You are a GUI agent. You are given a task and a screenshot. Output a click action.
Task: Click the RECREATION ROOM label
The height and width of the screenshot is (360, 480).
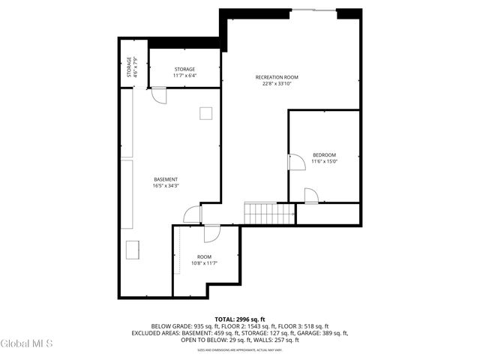277,77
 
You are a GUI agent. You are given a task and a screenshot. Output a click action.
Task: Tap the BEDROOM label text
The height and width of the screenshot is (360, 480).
325,154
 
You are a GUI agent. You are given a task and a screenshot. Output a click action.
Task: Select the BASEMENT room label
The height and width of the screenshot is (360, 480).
166,179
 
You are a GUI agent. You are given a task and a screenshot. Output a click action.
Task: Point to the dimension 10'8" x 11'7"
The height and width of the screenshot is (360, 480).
204,263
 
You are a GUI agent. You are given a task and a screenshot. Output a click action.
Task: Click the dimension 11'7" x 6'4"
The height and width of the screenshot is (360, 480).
184,76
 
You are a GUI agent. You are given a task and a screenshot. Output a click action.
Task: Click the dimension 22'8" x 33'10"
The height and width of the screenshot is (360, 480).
277,84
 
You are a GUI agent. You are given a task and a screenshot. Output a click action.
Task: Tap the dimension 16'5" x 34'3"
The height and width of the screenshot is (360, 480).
166,186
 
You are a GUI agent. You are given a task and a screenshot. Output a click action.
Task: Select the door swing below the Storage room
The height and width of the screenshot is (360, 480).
158,95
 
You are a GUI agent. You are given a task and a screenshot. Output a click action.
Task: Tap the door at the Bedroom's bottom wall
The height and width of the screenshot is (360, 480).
311,196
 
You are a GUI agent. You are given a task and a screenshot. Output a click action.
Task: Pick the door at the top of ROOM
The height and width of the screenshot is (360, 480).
212,233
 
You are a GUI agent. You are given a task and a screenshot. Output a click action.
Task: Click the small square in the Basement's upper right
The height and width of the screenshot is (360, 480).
205,112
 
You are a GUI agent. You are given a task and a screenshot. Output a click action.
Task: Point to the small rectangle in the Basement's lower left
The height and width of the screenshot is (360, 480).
136,249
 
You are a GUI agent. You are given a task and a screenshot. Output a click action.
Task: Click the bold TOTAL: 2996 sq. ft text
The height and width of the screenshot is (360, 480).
239,319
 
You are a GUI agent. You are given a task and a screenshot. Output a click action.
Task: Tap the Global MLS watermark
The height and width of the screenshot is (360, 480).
27,344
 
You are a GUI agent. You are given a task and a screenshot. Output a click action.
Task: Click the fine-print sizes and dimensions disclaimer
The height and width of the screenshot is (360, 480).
239,349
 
